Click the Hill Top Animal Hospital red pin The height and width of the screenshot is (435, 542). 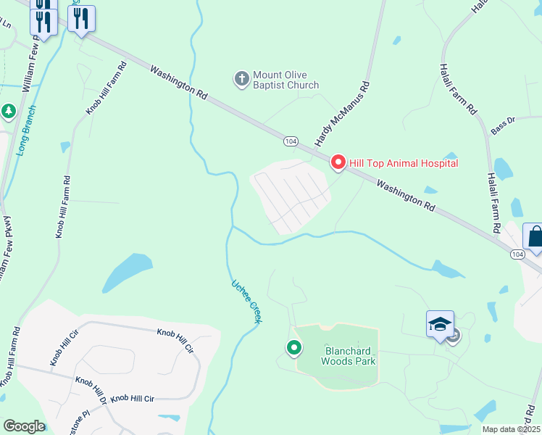pos(338,162)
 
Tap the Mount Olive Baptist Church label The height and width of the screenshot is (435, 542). pos(285,80)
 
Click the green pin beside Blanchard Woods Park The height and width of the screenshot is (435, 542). pos(294,349)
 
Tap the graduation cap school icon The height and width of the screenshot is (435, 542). pos(440,324)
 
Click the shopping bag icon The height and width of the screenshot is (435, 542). pos(535,238)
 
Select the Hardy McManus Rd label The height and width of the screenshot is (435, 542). pos(342,113)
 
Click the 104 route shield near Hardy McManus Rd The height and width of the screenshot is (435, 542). pos(291,141)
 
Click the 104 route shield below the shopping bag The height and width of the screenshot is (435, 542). pos(517,254)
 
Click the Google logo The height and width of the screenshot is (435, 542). pos(23,426)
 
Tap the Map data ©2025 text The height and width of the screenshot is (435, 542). pos(510,429)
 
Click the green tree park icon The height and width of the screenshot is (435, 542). pos(8,112)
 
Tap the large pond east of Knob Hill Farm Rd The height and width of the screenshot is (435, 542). pos(127,271)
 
